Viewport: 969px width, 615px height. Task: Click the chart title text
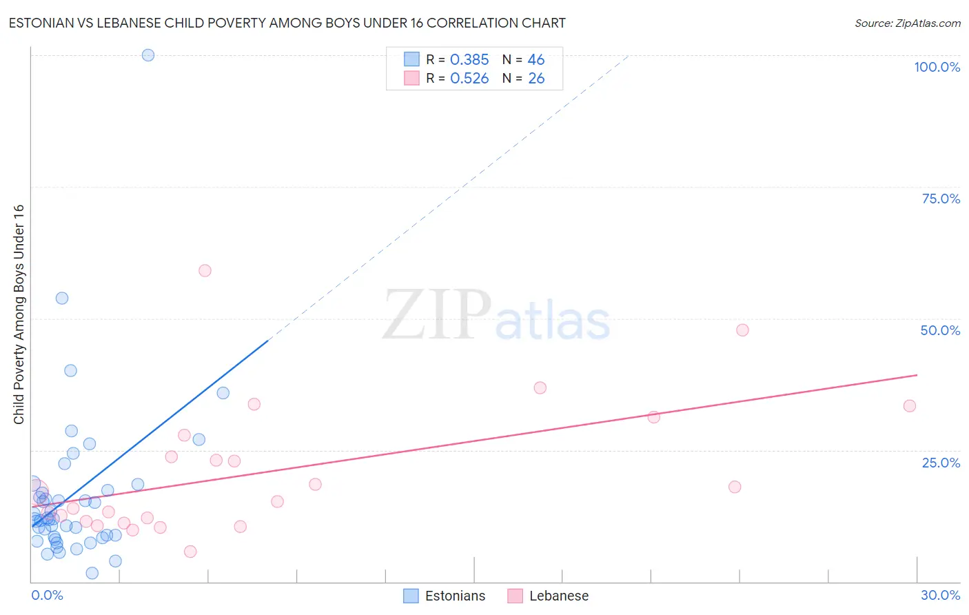[287, 23]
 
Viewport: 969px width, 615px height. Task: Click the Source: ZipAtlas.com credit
[907, 23]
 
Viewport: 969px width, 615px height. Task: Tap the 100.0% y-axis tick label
[937, 67]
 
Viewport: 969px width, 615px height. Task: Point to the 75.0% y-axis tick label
[940, 199]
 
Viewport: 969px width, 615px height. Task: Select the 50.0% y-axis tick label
[939, 330]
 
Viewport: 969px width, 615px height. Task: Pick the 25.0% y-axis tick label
[940, 462]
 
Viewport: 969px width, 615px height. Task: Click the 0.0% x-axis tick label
[47, 595]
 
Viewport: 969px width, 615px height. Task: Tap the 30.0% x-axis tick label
[940, 595]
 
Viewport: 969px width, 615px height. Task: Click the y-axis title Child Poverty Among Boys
[19, 314]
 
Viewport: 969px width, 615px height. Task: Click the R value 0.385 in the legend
[469, 60]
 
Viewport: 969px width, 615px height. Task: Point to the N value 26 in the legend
[536, 79]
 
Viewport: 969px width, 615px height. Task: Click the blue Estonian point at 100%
[148, 55]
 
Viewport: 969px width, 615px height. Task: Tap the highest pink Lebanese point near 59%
[205, 270]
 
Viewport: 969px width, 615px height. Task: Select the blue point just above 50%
[62, 298]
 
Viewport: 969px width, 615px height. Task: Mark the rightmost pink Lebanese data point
[910, 405]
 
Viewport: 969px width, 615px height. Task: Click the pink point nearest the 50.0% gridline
[742, 330]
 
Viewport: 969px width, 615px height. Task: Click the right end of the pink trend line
[917, 375]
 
